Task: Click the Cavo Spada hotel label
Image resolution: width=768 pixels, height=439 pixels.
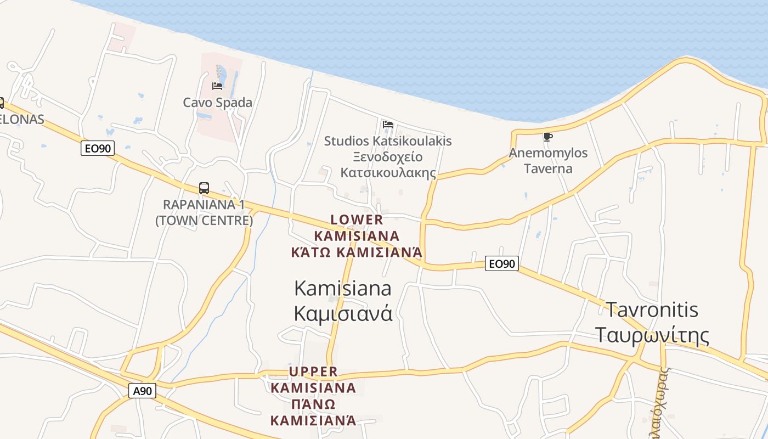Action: (217, 103)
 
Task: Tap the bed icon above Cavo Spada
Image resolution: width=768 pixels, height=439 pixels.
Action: (217, 86)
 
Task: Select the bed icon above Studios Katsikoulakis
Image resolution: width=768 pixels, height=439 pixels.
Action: (388, 125)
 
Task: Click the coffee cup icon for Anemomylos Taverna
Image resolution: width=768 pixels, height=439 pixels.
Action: (547, 137)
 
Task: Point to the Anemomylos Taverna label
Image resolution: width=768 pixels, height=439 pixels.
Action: (548, 160)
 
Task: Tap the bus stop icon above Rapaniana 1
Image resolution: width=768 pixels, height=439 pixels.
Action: (204, 188)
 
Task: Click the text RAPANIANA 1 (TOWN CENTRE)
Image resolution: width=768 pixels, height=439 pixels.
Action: (204, 212)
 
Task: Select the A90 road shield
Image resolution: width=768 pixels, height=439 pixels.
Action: (143, 391)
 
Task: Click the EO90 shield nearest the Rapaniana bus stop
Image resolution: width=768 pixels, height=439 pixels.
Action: (98, 148)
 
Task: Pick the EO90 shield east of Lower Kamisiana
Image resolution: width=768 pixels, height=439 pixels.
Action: (502, 264)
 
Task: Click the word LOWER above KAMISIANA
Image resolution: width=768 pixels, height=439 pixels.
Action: (357, 220)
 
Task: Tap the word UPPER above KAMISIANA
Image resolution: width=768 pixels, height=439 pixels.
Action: (313, 372)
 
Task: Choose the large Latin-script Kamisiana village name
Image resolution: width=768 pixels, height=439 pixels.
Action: (343, 288)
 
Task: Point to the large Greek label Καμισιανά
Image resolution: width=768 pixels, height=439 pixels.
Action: (343, 313)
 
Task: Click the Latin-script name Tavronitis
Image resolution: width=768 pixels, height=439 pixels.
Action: (652, 309)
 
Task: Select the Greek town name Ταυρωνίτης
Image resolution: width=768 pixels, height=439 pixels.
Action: (652, 335)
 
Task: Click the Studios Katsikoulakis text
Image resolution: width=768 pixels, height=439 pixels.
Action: (388, 141)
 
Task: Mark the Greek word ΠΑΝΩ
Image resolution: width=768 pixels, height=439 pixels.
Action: (313, 404)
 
